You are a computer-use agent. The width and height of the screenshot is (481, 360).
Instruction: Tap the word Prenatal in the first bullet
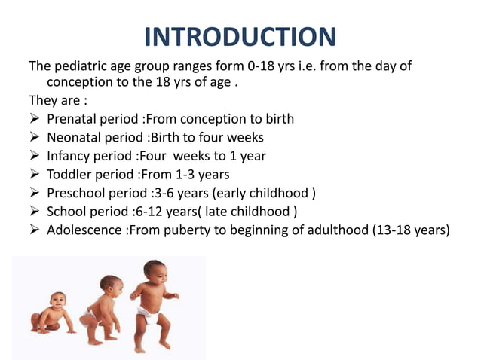(71, 119)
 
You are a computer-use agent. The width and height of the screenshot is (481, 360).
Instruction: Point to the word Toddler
(69, 175)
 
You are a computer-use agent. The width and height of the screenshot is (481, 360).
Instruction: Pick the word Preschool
(75, 193)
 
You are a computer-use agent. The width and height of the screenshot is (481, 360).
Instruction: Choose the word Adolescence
(84, 230)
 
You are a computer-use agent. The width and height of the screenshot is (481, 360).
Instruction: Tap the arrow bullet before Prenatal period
(35, 119)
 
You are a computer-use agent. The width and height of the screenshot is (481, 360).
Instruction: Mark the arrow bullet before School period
(35, 212)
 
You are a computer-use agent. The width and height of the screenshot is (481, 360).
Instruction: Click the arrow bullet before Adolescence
(35, 230)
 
